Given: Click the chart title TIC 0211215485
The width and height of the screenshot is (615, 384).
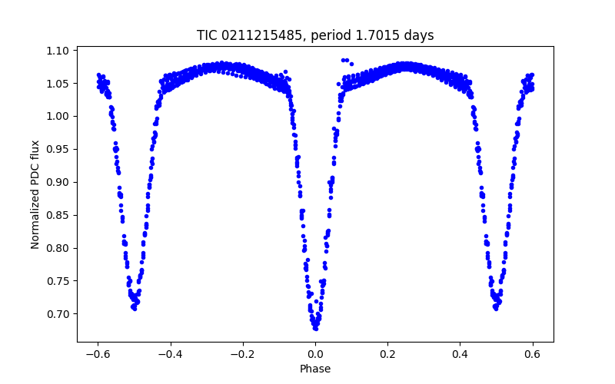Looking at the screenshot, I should [315, 35].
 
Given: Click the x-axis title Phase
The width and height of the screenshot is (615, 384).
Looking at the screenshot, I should [315, 369].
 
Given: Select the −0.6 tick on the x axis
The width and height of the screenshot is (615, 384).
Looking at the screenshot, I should [98, 354].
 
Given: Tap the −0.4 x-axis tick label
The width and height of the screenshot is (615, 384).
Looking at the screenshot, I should [170, 354].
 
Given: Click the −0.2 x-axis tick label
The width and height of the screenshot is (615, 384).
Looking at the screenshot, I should [242, 354].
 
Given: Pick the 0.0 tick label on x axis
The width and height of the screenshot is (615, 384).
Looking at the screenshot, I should [315, 354].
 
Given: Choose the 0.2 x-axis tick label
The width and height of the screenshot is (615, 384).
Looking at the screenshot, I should [387, 354].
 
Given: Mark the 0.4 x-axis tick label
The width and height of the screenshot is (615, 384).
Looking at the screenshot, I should [460, 354].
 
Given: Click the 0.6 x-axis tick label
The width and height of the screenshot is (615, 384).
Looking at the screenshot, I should [532, 354].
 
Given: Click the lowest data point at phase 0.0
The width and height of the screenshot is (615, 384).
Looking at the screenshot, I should [315, 328].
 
